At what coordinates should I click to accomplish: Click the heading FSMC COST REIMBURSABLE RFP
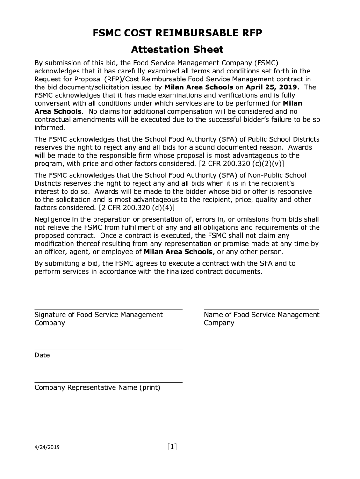[177, 33]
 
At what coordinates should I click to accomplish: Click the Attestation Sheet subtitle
[177, 50]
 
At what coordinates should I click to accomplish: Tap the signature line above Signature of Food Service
[108, 310]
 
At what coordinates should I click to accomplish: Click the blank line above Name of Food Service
[261, 310]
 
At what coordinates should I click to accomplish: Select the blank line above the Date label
[108, 350]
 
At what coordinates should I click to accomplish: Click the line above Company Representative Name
[108, 382]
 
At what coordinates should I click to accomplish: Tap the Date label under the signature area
[42, 356]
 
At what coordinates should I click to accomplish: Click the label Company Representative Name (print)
[97, 388]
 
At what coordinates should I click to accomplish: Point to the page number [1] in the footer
[172, 447]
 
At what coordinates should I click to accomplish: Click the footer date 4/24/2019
[47, 448]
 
